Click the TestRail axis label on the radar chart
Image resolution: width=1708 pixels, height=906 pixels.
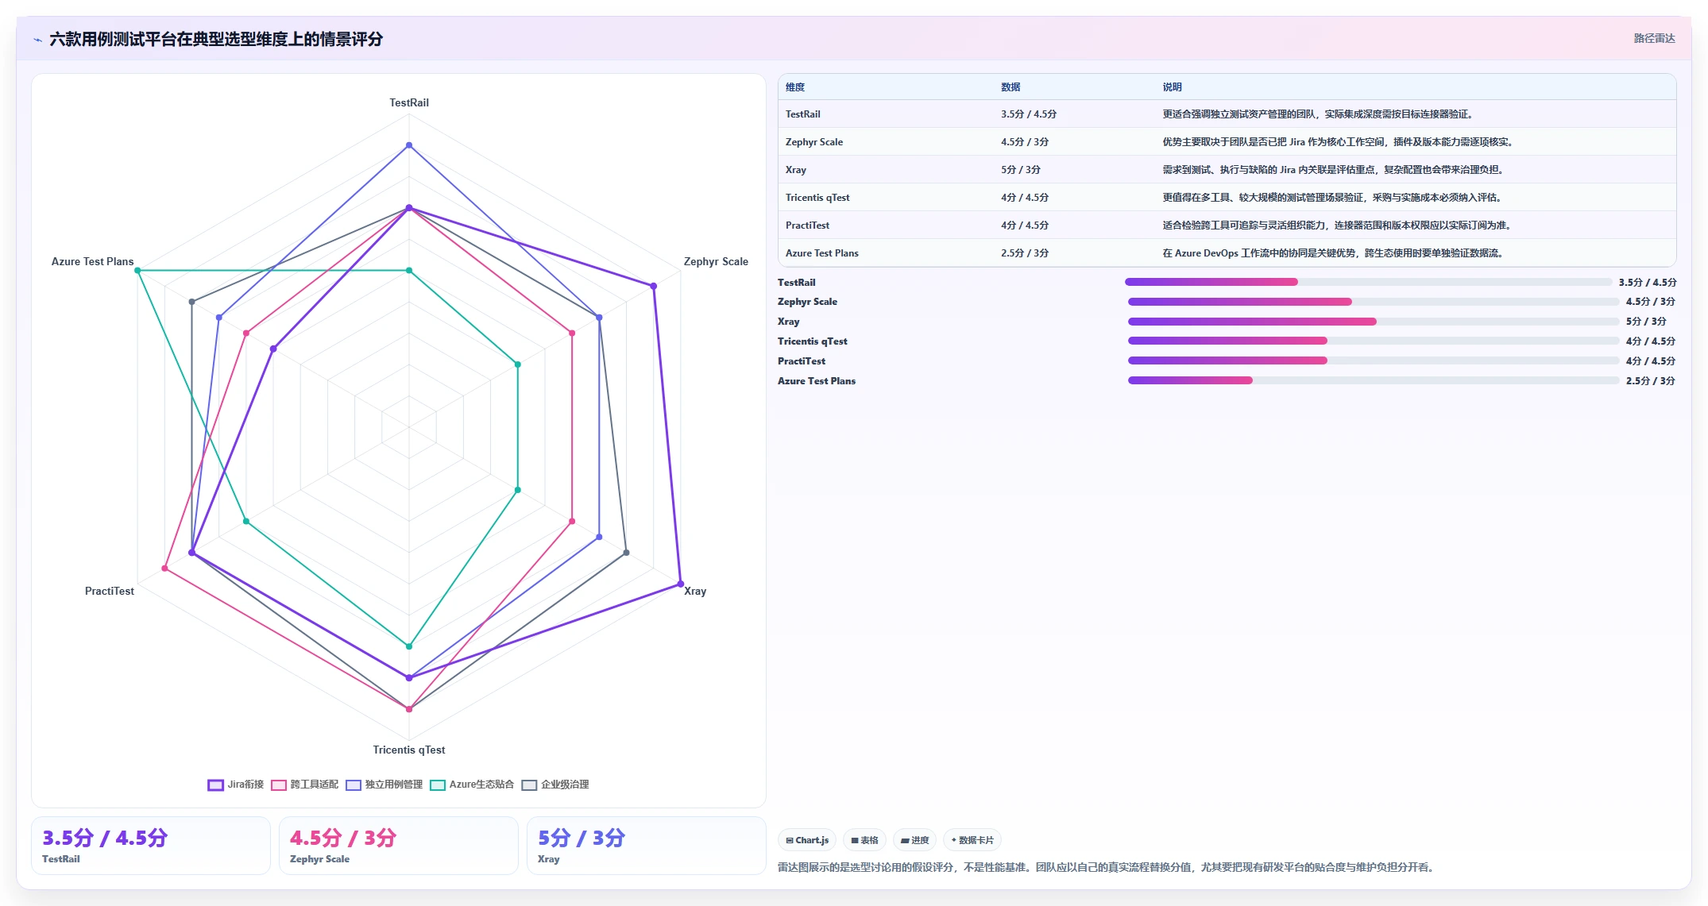(x=409, y=102)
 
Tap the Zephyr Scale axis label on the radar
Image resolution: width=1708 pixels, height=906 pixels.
(x=716, y=261)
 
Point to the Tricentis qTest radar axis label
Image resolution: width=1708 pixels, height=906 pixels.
(x=409, y=750)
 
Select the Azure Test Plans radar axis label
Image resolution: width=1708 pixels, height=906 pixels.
(x=92, y=261)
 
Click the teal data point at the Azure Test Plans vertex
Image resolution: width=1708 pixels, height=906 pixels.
(x=137, y=271)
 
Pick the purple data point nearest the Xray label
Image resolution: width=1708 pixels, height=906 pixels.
(x=680, y=584)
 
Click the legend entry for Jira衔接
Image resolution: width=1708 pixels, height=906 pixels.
(x=236, y=785)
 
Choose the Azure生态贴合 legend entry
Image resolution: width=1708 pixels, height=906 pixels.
(x=472, y=785)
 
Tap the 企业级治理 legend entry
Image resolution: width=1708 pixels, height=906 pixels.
(x=555, y=785)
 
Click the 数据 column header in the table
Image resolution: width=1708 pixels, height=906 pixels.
(x=1011, y=87)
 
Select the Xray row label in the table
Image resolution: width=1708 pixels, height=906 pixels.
(x=796, y=170)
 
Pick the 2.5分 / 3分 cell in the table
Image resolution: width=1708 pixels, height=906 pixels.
(x=1025, y=253)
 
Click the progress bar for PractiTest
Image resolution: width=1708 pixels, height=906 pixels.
(x=1373, y=361)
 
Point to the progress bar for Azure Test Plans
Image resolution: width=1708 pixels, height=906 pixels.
(x=1373, y=381)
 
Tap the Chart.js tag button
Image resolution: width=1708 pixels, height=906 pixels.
(x=807, y=840)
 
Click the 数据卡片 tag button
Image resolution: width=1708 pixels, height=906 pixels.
(x=972, y=840)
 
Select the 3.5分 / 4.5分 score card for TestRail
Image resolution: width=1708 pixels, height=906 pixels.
(x=151, y=846)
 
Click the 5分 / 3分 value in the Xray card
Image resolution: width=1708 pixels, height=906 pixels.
(x=582, y=838)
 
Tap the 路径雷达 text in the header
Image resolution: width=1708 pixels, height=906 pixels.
(x=1654, y=38)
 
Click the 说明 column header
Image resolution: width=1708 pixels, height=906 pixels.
(x=1172, y=87)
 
